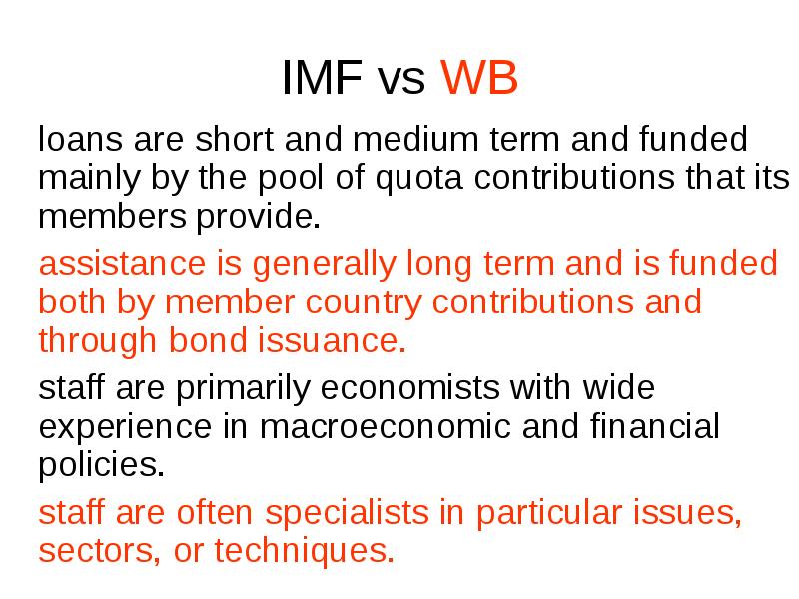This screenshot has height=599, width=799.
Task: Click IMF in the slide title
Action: [x=319, y=79]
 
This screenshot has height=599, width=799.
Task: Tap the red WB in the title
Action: [x=479, y=79]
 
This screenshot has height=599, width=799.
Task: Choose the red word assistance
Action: [x=120, y=264]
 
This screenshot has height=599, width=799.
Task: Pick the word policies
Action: [x=99, y=463]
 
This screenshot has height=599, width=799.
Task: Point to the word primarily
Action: [x=221, y=387]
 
